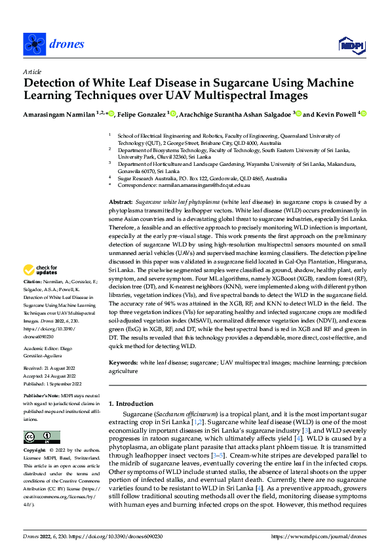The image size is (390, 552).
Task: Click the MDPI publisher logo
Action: pos(349,45)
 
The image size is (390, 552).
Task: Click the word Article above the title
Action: pos(31,71)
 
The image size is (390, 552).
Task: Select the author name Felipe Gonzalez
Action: pos(146,115)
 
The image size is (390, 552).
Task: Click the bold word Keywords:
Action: pos(123,362)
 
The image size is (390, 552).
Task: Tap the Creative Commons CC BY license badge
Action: pos(41,438)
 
